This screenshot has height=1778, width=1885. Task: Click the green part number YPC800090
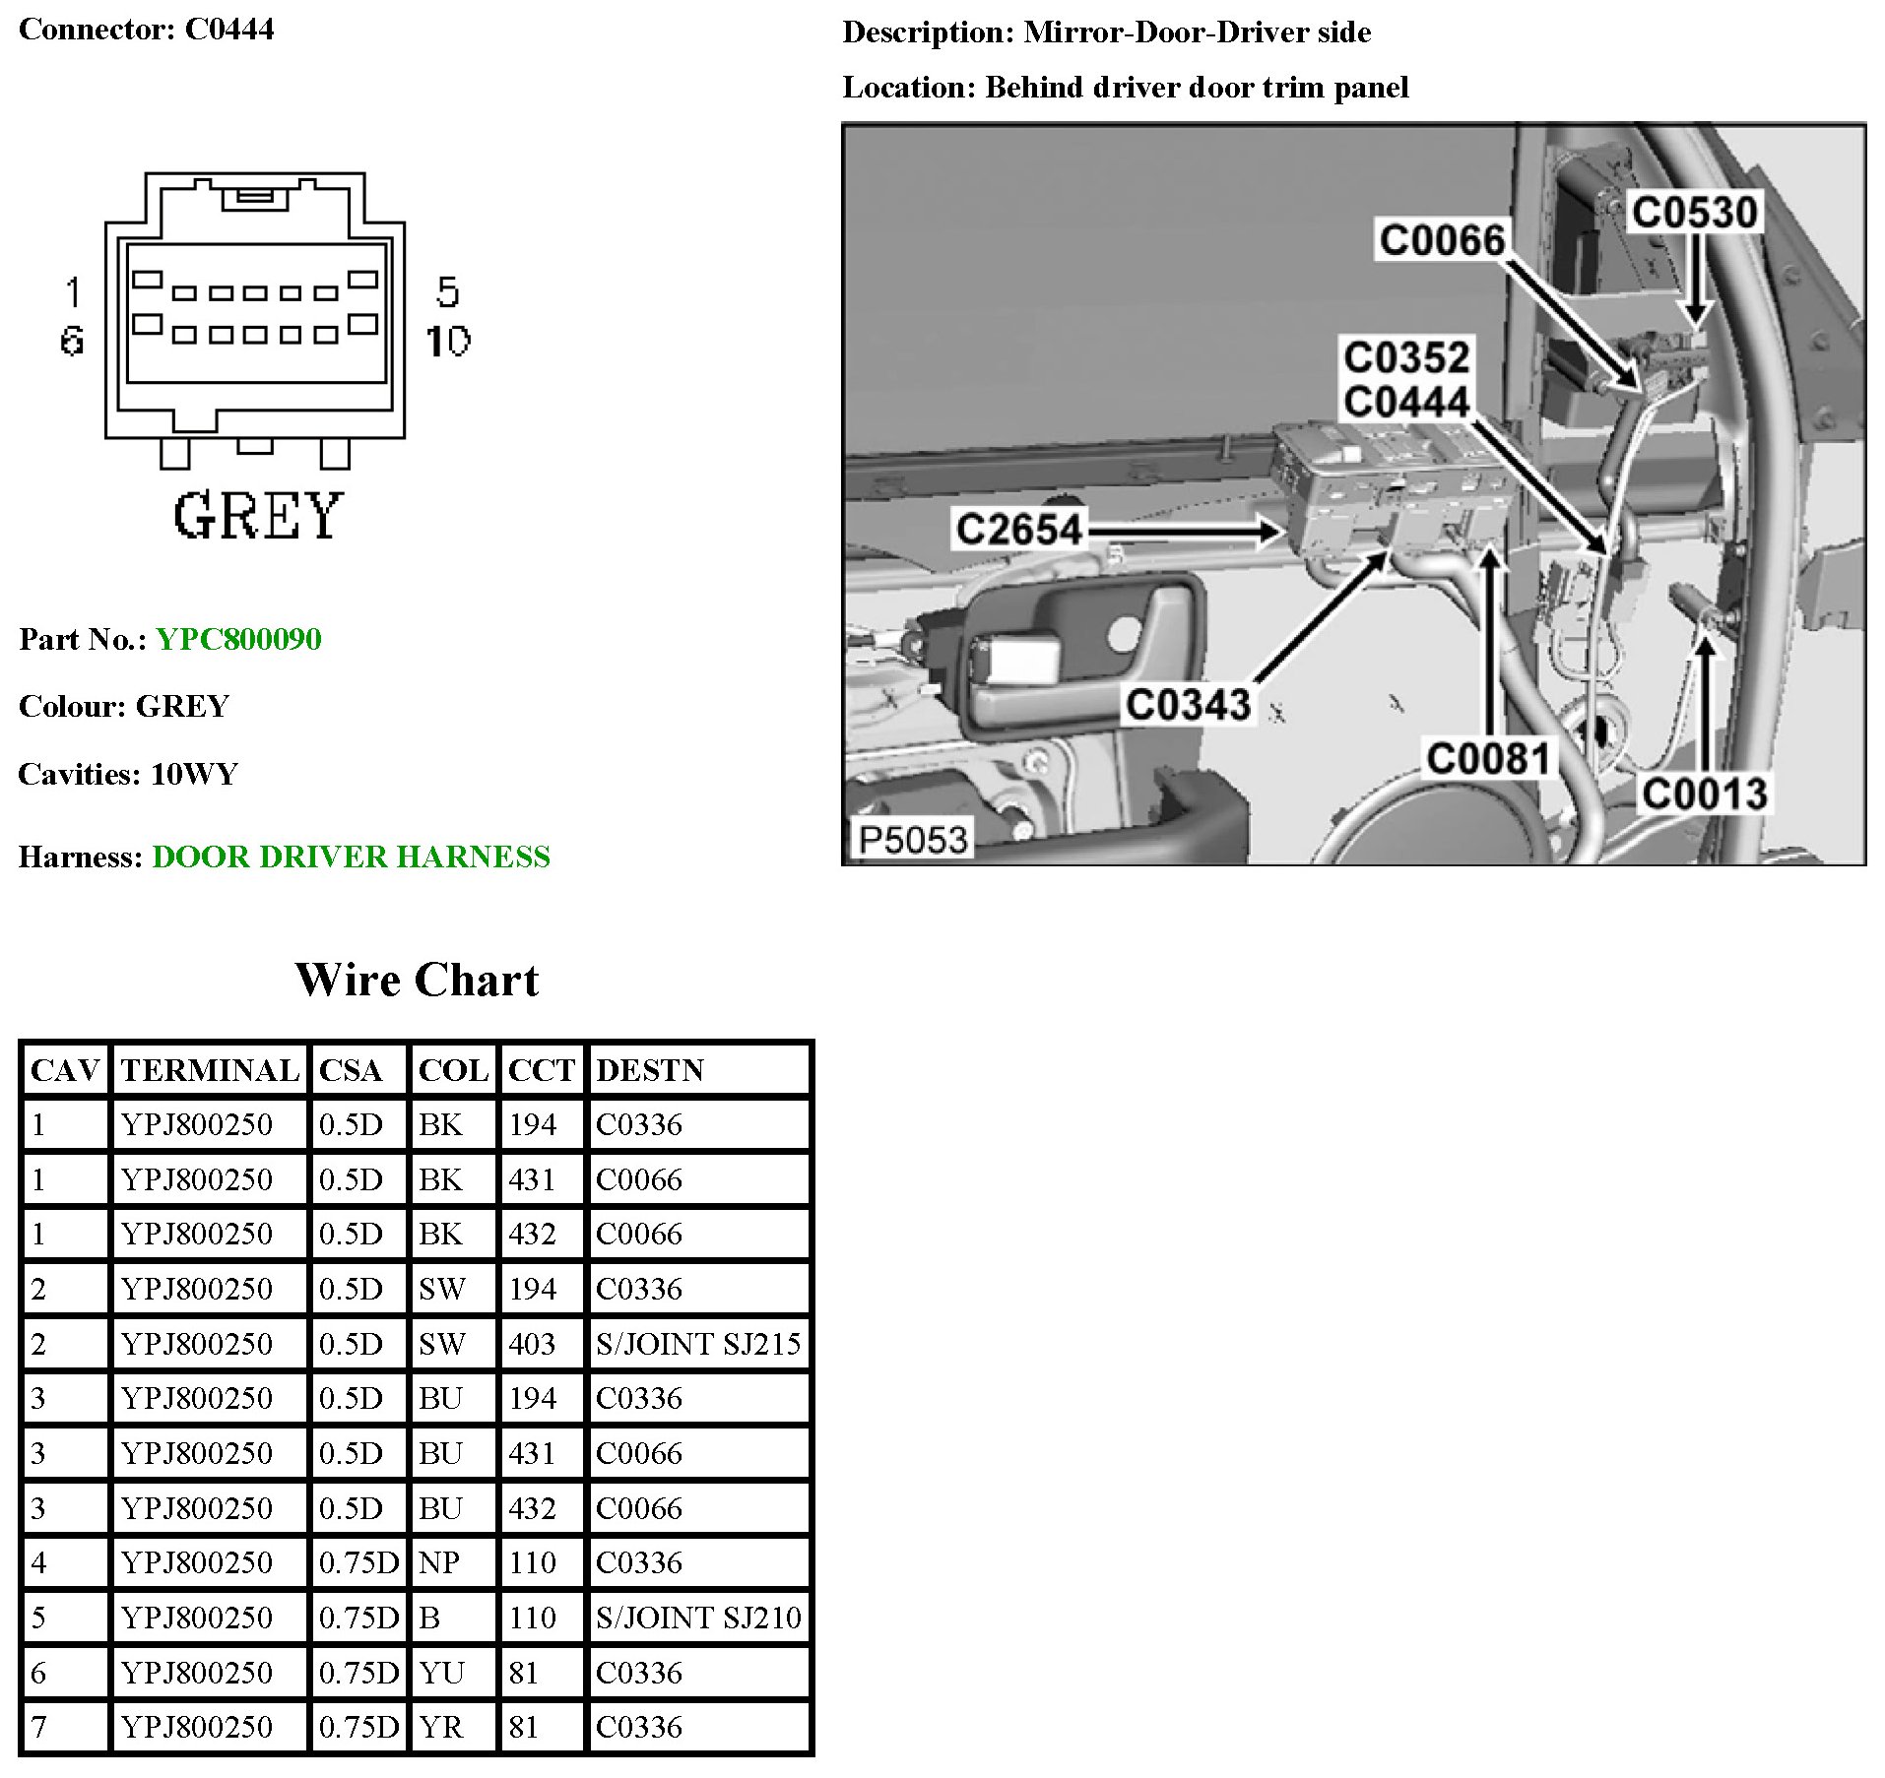click(238, 639)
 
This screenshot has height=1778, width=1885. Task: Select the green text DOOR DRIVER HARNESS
click(351, 857)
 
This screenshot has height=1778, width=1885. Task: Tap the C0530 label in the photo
click(1694, 213)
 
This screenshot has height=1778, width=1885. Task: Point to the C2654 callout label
click(1019, 530)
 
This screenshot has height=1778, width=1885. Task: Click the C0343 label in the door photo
click(1188, 705)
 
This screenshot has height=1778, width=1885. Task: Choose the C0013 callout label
click(1704, 794)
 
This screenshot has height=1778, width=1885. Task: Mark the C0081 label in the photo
click(1488, 759)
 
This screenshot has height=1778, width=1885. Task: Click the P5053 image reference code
click(912, 840)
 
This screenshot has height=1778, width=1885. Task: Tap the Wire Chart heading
click(417, 981)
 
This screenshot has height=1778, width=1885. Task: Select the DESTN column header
click(650, 1070)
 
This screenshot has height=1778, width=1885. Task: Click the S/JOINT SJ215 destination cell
click(698, 1344)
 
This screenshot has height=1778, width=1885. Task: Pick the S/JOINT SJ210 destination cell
click(698, 1618)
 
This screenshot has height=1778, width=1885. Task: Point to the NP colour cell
click(439, 1562)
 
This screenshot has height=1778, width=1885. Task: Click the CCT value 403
click(532, 1344)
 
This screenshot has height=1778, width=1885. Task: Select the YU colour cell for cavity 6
click(441, 1673)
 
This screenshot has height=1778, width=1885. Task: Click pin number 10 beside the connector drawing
click(448, 341)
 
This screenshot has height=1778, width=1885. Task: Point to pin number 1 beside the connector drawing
click(73, 291)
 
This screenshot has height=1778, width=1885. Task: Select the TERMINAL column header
click(210, 1070)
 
